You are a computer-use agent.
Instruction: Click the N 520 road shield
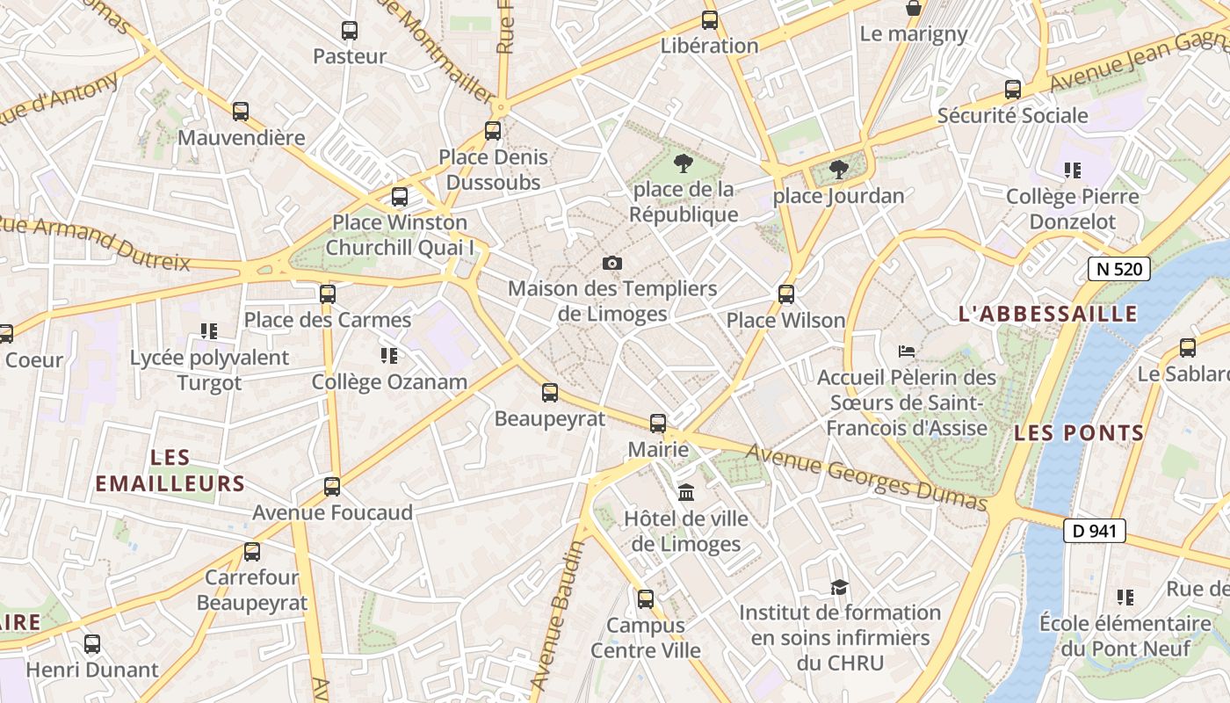(1118, 269)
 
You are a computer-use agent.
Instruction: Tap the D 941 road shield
(1094, 531)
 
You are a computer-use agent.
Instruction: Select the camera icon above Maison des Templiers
(612, 263)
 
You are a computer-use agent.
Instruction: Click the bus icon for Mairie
(658, 424)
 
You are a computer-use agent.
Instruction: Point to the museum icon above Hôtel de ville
(686, 492)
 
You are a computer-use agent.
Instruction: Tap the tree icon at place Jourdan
(839, 169)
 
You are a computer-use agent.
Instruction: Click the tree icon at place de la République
(683, 163)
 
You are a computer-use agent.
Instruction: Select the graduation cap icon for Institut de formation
(839, 586)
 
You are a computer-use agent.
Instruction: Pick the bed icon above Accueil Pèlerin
(907, 351)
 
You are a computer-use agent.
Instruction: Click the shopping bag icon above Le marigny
(914, 9)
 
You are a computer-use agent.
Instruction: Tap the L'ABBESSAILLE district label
(1047, 314)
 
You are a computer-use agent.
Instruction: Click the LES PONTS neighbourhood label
(1079, 432)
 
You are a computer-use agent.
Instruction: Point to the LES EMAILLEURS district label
(170, 470)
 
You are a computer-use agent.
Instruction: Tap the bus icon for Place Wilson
(786, 294)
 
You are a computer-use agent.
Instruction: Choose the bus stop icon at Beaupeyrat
(550, 393)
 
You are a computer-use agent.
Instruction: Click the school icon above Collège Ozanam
(389, 356)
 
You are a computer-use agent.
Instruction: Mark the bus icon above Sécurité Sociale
(1013, 90)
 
